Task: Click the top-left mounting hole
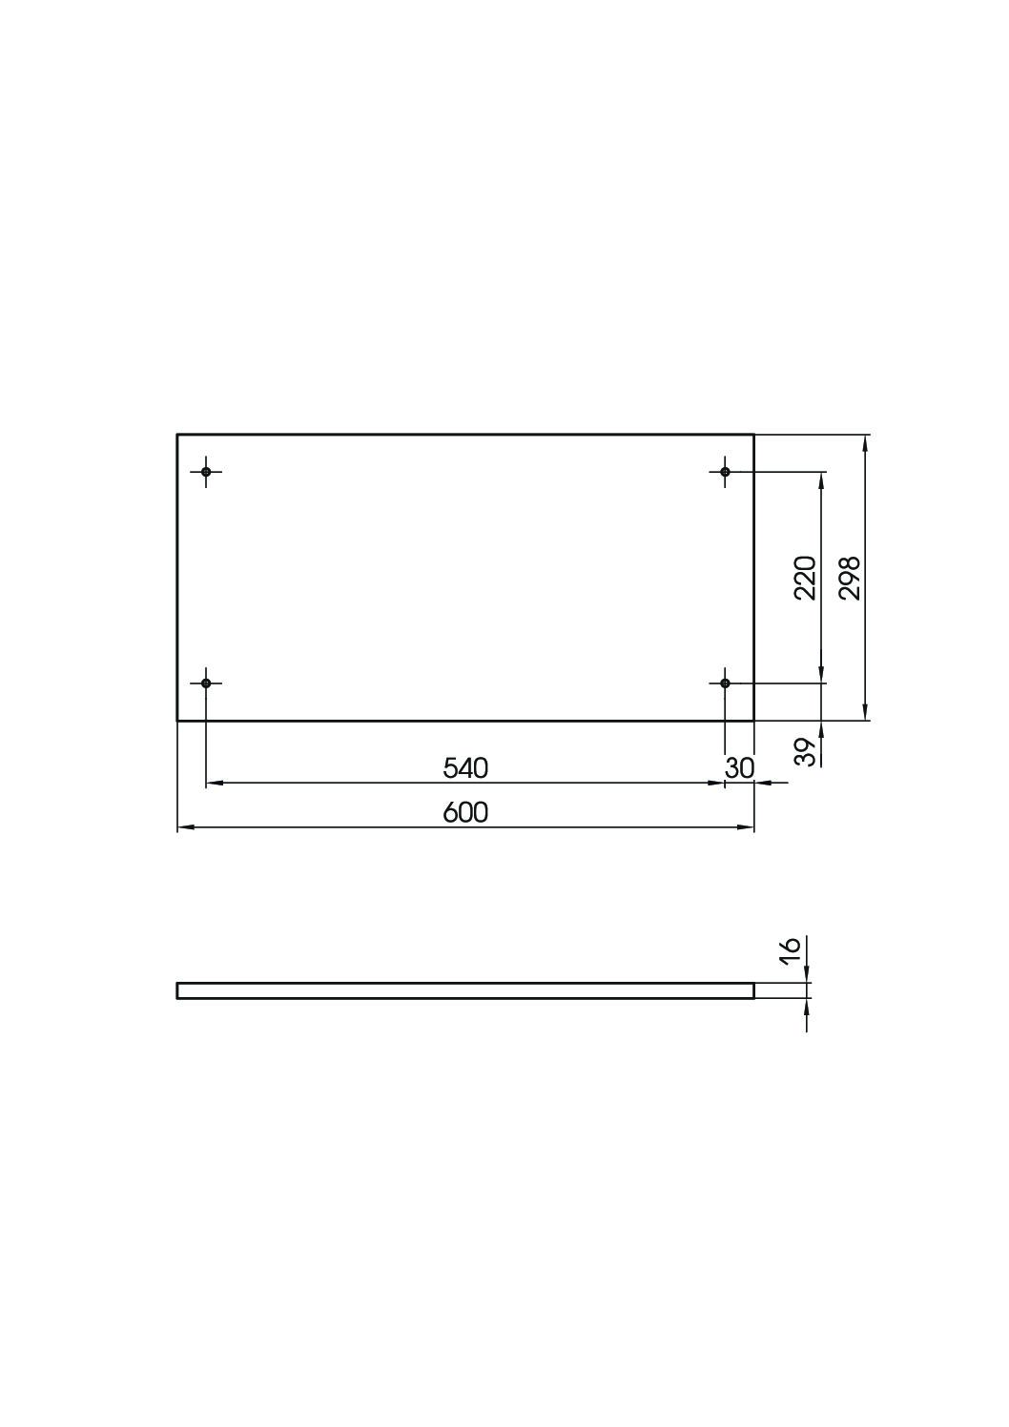coord(205,472)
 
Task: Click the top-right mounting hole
coord(725,472)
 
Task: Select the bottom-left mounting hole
coord(205,683)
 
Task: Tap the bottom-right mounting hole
coord(725,683)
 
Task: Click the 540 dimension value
coord(465,768)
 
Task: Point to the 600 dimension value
coord(465,812)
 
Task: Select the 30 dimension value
coord(739,768)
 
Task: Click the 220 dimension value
coord(805,577)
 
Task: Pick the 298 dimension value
coord(850,577)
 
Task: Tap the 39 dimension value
coord(806,752)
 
